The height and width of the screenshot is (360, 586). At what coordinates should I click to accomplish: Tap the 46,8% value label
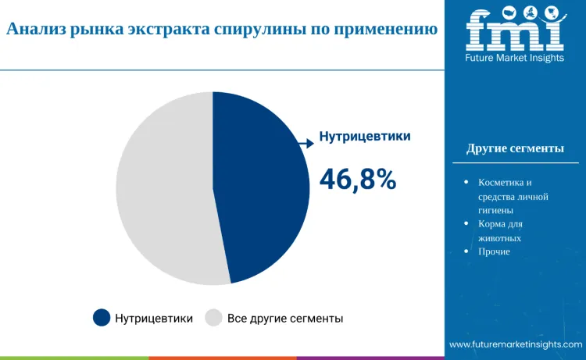(358, 179)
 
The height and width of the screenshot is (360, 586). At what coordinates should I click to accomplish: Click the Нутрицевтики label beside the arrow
(365, 137)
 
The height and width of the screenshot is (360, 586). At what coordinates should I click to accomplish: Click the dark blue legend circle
(102, 318)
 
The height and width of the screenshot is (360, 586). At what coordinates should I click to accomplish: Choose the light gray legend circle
(213, 318)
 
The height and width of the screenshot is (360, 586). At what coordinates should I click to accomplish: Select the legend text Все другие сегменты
(285, 319)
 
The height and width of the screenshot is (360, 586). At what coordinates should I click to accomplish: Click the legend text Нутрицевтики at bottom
(154, 319)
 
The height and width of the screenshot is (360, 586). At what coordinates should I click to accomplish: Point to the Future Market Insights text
(514, 59)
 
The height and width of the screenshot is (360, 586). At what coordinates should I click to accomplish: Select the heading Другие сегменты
(515, 148)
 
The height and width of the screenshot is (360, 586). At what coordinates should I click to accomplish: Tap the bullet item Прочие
(494, 251)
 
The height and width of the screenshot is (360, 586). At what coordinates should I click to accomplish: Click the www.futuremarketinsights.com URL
(516, 344)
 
